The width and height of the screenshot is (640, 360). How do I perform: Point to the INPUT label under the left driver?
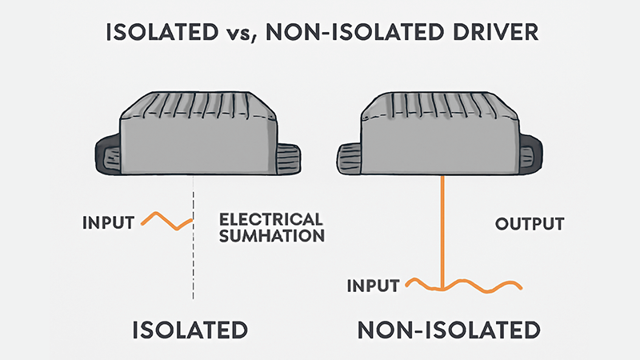tap(108, 222)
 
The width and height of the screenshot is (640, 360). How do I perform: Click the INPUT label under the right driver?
tap(373, 286)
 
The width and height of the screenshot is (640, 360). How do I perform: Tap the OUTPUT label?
tap(530, 223)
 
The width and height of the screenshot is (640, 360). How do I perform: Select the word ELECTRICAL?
tap(270, 219)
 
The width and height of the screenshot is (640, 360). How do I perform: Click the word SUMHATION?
tap(270, 236)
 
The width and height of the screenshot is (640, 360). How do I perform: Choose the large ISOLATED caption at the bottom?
tap(191, 330)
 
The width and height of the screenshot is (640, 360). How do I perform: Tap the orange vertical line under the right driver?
tap(442, 232)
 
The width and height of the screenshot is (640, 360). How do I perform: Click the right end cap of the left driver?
tap(289, 156)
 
